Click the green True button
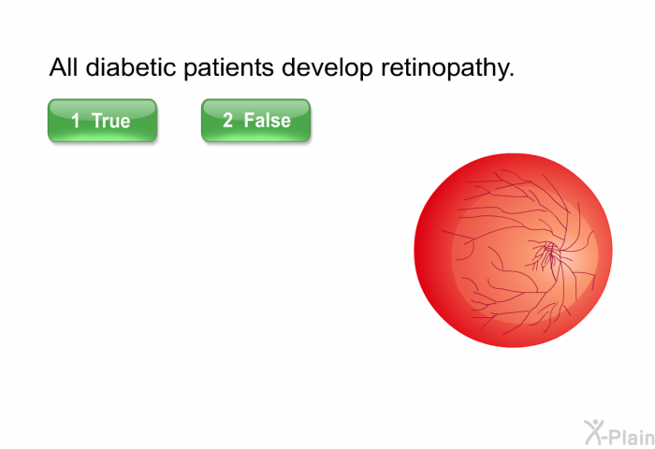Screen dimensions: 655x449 (102, 121)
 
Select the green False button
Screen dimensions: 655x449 (255, 121)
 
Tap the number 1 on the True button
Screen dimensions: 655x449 (76, 121)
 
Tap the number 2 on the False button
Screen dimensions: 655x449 (227, 121)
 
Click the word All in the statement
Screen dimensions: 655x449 (64, 66)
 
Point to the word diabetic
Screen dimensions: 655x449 (131, 66)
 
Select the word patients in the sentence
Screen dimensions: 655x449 (229, 68)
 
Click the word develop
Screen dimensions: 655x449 (327, 68)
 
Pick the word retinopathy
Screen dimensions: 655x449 (444, 68)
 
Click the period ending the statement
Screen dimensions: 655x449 (511, 75)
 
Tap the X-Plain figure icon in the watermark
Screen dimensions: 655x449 (595, 432)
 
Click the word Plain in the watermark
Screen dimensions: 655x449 (632, 437)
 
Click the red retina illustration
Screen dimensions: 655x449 (513, 250)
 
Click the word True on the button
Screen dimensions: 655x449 (111, 121)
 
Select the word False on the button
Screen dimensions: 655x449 (268, 121)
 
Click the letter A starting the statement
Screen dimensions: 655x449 (58, 67)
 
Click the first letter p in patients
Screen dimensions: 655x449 (190, 71)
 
